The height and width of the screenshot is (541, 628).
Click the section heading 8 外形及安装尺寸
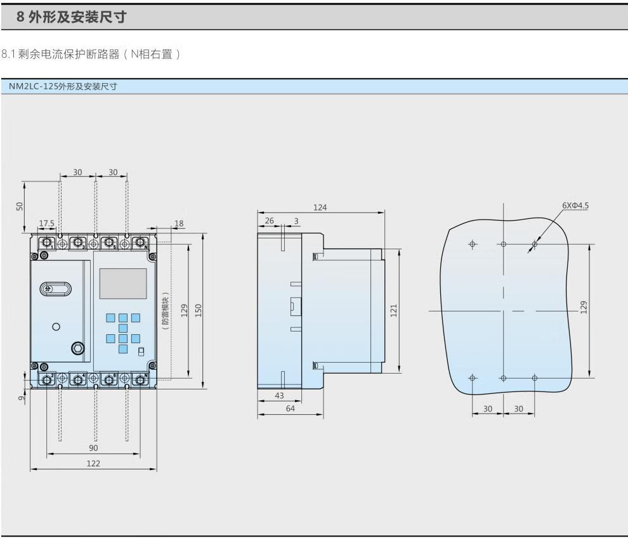click(x=71, y=18)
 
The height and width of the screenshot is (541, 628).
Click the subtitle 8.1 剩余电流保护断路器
click(x=92, y=56)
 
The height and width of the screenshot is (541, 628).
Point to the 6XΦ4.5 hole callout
click(x=575, y=205)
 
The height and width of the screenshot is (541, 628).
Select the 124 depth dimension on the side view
click(x=320, y=207)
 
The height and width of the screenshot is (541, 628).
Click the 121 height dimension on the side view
click(x=394, y=310)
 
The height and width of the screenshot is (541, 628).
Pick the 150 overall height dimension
click(x=198, y=310)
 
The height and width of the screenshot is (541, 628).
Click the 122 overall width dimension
click(x=93, y=463)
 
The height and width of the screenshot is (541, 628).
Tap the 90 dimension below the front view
click(x=93, y=448)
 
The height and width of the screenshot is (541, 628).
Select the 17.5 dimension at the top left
click(x=47, y=223)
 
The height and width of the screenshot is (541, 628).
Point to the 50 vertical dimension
click(x=19, y=206)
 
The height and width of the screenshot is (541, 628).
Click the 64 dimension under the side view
click(x=290, y=410)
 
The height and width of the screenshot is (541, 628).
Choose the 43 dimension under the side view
click(x=279, y=395)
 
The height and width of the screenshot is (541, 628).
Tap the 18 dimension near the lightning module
click(x=178, y=223)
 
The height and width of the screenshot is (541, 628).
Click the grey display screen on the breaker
click(x=123, y=284)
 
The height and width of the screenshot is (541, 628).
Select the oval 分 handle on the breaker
click(x=56, y=289)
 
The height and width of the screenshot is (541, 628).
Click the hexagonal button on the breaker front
click(x=77, y=348)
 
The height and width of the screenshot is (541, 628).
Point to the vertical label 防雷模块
click(x=164, y=310)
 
